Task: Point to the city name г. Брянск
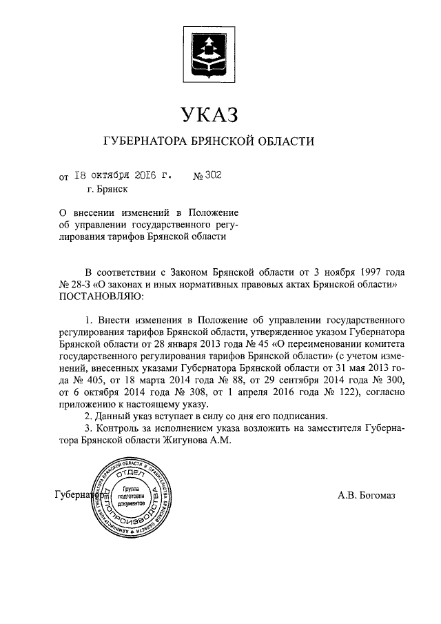107,188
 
